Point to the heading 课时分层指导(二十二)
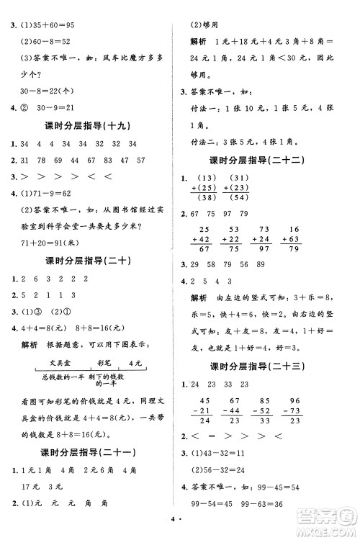[265, 160]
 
